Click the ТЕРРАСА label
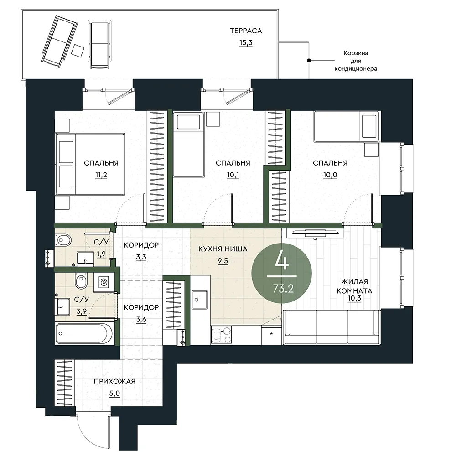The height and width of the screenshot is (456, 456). click(x=246, y=31)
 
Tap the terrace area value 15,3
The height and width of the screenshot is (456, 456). click(x=246, y=43)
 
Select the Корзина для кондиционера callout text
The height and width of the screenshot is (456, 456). click(x=356, y=61)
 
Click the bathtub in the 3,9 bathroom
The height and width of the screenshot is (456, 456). click(x=84, y=333)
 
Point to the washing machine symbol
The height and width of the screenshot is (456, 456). click(x=103, y=282)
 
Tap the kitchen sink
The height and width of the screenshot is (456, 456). click(x=200, y=300)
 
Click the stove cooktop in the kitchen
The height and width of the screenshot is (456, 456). click(x=221, y=335)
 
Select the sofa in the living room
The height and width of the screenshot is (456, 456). click(x=332, y=327)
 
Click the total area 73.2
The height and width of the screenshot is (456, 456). click(x=283, y=289)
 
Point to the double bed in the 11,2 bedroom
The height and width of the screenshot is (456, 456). click(x=90, y=164)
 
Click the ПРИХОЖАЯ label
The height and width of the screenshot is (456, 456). click(x=114, y=381)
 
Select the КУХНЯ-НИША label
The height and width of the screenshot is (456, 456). click(x=223, y=249)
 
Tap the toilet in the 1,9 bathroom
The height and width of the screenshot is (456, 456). click(x=64, y=240)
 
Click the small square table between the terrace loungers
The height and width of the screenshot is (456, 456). click(x=78, y=51)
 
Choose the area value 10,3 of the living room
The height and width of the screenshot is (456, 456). click(x=354, y=298)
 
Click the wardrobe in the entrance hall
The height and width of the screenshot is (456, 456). click(x=64, y=383)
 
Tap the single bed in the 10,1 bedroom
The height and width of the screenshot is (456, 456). click(x=188, y=145)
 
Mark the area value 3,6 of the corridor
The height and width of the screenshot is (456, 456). click(x=141, y=320)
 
